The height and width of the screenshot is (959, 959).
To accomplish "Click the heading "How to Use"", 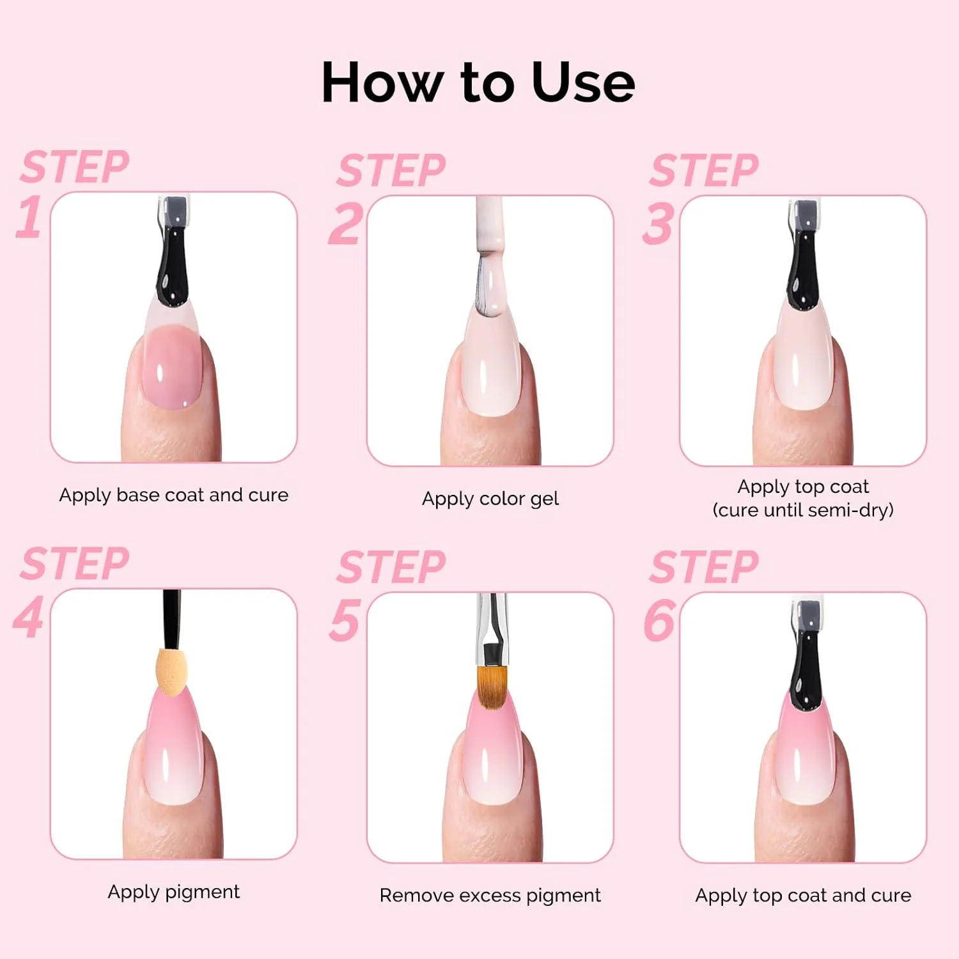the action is point(478,82).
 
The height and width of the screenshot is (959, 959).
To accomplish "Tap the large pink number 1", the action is point(29,216).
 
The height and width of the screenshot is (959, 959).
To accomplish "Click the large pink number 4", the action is point(29,617).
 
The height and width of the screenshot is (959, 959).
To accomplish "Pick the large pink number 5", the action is point(345,620).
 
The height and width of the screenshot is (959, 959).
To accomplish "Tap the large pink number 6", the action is point(659,620).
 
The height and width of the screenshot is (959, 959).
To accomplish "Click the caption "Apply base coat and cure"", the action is point(174,495).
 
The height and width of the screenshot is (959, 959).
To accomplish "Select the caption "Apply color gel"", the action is point(490,499).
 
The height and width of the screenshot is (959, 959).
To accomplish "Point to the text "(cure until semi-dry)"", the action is point(803,510).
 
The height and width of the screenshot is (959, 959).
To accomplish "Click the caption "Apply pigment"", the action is point(174,892).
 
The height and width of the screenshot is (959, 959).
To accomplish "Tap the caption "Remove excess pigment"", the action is point(490,896).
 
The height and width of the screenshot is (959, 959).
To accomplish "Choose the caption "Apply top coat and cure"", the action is point(803,896).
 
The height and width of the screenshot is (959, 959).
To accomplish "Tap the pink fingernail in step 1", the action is point(173,371).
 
